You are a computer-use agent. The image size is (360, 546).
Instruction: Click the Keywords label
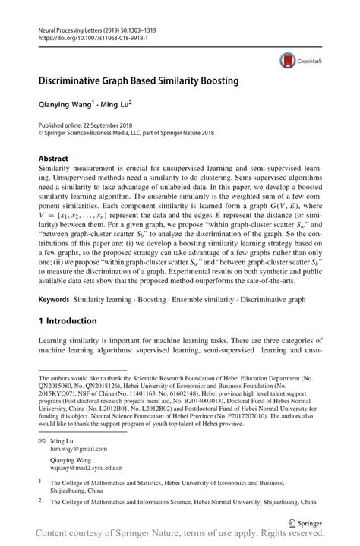(56, 300)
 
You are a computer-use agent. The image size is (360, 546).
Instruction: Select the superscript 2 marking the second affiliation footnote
(41, 501)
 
